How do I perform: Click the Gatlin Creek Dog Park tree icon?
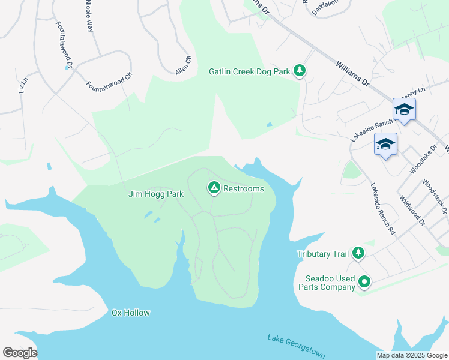[300, 71]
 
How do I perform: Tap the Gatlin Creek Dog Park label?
[249, 72]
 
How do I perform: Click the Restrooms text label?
[243, 188]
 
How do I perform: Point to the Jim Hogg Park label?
[155, 194]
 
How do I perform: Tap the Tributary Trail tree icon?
[358, 254]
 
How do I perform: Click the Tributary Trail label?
[322, 254]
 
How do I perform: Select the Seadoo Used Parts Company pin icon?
[364, 281]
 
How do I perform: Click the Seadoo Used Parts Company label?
[330, 283]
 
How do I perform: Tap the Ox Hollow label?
[130, 313]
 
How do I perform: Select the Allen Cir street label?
[182, 65]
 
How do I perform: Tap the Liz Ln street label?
[23, 85]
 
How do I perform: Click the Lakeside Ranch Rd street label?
[384, 208]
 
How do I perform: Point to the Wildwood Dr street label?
[411, 212]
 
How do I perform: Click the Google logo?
[20, 352]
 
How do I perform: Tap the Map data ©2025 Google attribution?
[411, 355]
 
